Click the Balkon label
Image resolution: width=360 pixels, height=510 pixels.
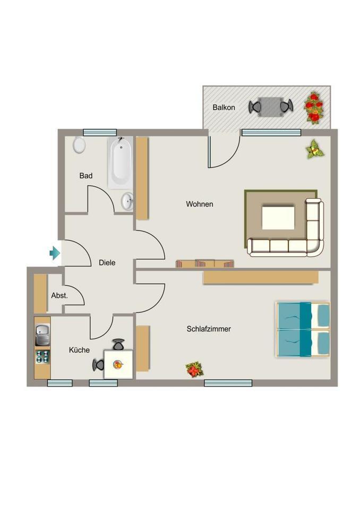[x=224, y=107]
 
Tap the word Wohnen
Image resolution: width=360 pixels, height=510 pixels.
[x=200, y=204]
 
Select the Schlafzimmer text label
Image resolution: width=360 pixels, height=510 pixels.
[x=209, y=329]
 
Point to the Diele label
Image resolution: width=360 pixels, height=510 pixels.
[x=107, y=262]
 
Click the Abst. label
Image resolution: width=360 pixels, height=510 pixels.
[x=59, y=295]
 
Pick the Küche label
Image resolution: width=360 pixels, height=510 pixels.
[x=79, y=350]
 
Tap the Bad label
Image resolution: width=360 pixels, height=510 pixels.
[x=86, y=176]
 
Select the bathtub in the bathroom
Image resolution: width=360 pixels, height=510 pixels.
[x=120, y=163]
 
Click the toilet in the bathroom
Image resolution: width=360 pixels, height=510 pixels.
[x=79, y=145]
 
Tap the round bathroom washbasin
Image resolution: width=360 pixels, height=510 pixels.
[x=127, y=201]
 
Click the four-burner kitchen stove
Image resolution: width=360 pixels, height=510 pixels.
[x=42, y=356]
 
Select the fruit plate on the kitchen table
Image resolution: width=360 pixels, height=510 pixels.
[x=118, y=364]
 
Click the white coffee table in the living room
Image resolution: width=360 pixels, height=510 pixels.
[x=278, y=218]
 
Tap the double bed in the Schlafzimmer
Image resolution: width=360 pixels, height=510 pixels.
[x=303, y=329]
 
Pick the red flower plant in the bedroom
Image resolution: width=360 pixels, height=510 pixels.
[x=195, y=369]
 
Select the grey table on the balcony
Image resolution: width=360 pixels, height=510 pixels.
[x=271, y=107]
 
